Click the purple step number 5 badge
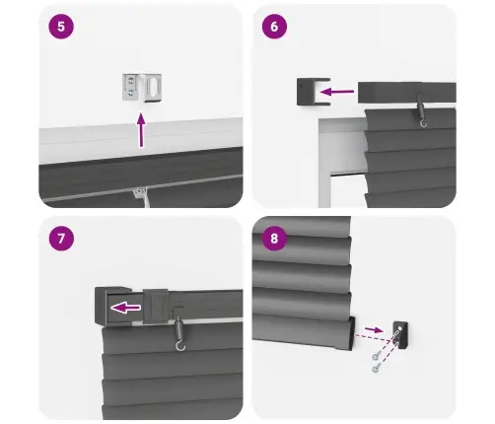click(61, 27)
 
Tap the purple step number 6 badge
click(274, 27)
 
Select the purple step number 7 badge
click(61, 239)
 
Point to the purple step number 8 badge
click(274, 239)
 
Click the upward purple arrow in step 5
click(141, 130)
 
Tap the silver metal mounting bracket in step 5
click(142, 88)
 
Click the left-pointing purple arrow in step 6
click(336, 92)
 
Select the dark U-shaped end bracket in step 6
click(313, 92)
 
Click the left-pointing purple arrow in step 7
click(126, 308)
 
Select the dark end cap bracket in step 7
click(113, 306)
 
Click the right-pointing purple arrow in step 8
click(374, 329)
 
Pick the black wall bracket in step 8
click(400, 334)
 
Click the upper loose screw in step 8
click(377, 355)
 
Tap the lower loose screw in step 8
click(377, 368)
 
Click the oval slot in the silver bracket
click(154, 87)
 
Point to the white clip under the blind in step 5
click(142, 196)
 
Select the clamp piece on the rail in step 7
click(156, 306)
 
